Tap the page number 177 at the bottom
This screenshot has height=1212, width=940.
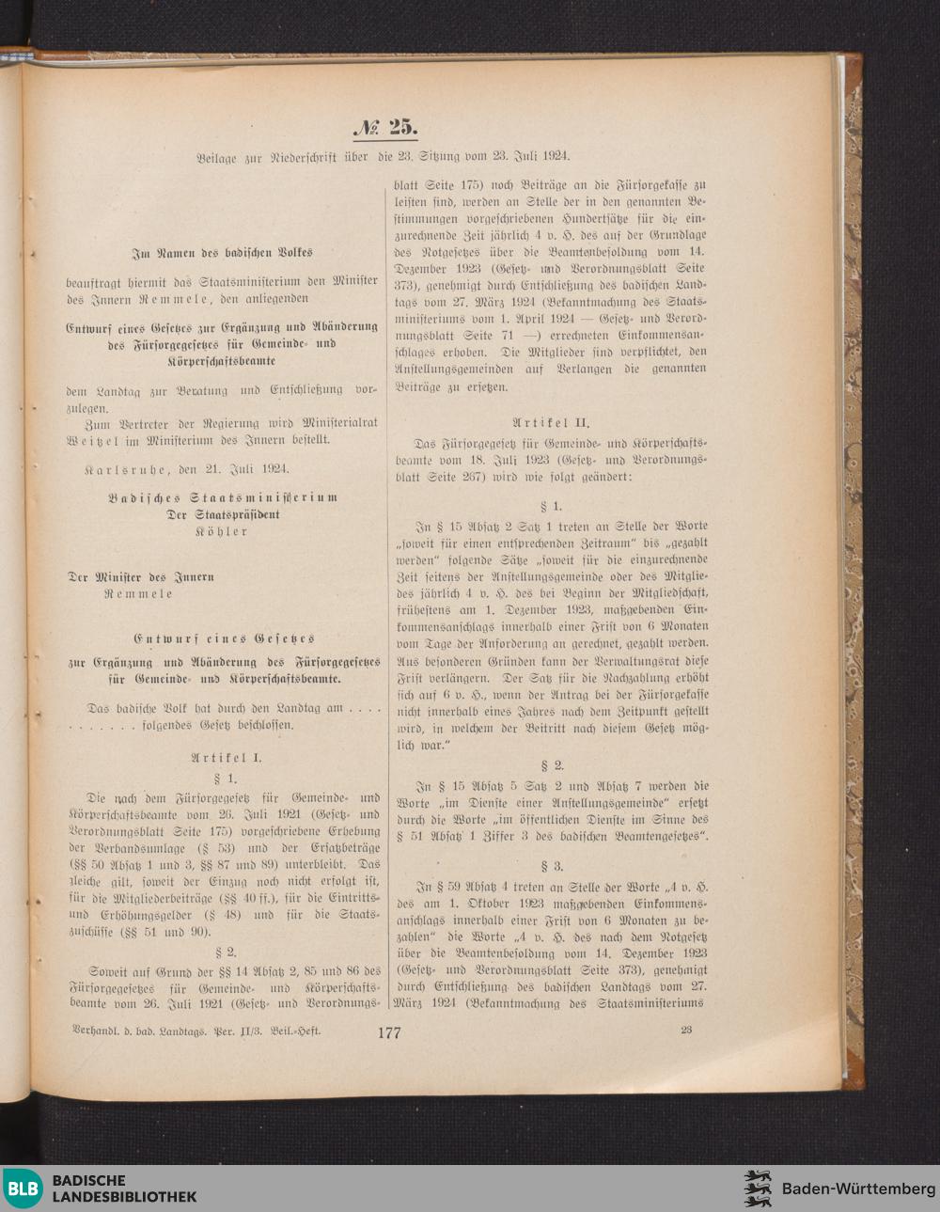click(x=388, y=1032)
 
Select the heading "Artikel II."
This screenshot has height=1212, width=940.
click(x=551, y=423)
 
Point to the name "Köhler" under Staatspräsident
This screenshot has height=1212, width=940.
click(x=222, y=531)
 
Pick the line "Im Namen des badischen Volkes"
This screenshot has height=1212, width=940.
click(x=222, y=252)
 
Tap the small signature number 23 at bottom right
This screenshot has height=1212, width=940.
click(x=686, y=1030)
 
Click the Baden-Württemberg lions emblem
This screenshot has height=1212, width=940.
click(x=758, y=1188)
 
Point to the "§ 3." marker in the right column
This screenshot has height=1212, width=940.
click(x=552, y=865)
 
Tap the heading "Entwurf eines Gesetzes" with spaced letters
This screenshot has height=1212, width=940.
click(x=224, y=638)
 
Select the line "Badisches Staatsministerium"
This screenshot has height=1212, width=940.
click(x=222, y=497)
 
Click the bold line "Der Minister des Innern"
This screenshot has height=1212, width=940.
click(x=141, y=576)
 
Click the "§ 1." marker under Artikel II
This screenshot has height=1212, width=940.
click(x=552, y=506)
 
